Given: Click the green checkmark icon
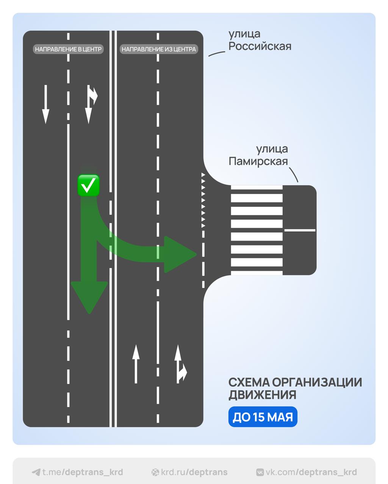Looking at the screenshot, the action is (x=88, y=185).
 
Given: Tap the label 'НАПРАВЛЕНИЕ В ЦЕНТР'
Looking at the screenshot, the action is (x=68, y=49).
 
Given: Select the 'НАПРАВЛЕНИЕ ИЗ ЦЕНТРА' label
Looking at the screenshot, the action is (x=159, y=49).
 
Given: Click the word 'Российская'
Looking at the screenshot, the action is (x=260, y=47).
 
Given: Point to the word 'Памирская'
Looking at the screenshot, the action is (x=258, y=161).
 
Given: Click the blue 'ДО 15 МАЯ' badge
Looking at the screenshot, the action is (x=263, y=417).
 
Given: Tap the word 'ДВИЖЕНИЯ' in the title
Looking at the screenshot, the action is (x=262, y=395).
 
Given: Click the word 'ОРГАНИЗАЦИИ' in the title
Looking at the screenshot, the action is (x=317, y=382).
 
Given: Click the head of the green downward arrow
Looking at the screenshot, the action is (x=89, y=297).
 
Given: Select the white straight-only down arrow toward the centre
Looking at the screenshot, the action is (x=46, y=104).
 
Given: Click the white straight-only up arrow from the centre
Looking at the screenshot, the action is (x=136, y=364).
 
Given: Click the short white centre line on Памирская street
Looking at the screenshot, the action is (x=300, y=230).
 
